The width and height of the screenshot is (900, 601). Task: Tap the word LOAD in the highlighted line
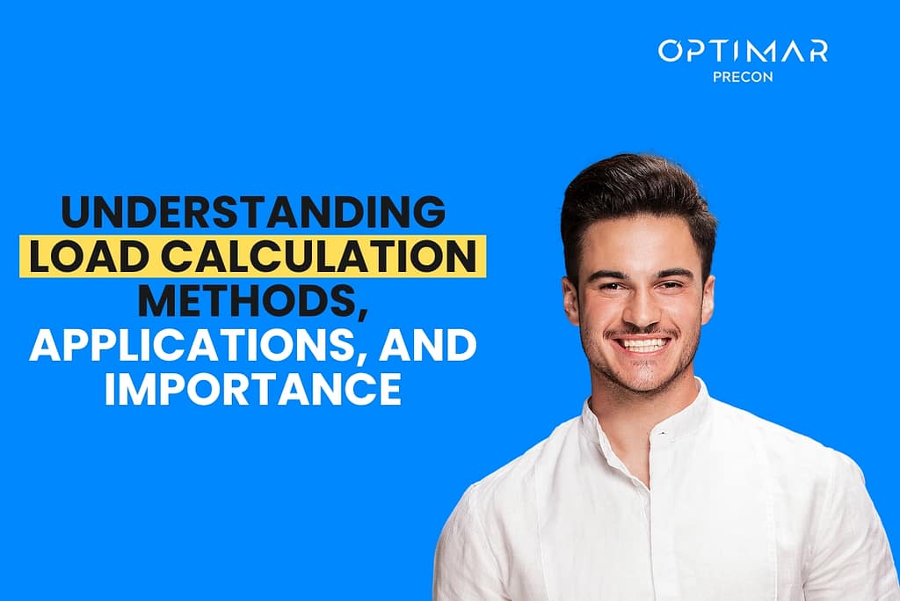click(83, 259)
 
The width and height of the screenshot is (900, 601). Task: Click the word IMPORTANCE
click(253, 391)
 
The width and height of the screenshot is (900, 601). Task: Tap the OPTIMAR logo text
click(743, 51)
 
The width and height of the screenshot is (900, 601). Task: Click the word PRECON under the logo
click(743, 76)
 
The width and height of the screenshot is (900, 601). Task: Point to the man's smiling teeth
click(643, 344)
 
